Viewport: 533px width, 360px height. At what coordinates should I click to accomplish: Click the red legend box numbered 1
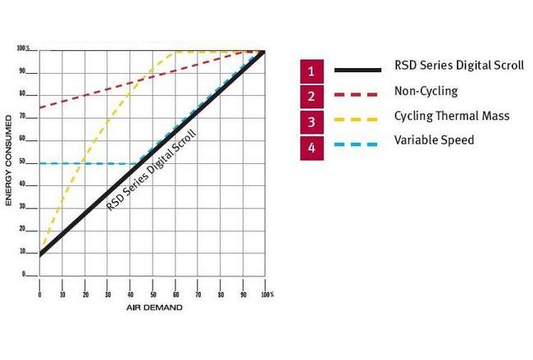pyautogui.click(x=311, y=71)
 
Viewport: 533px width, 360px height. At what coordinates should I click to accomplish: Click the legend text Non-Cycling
pyautogui.click(x=426, y=92)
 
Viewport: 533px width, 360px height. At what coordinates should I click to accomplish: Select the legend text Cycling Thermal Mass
pyautogui.click(x=452, y=116)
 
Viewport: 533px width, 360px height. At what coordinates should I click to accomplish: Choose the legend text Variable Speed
pyautogui.click(x=434, y=140)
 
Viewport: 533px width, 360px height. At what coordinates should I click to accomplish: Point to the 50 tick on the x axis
pyautogui.click(x=153, y=293)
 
